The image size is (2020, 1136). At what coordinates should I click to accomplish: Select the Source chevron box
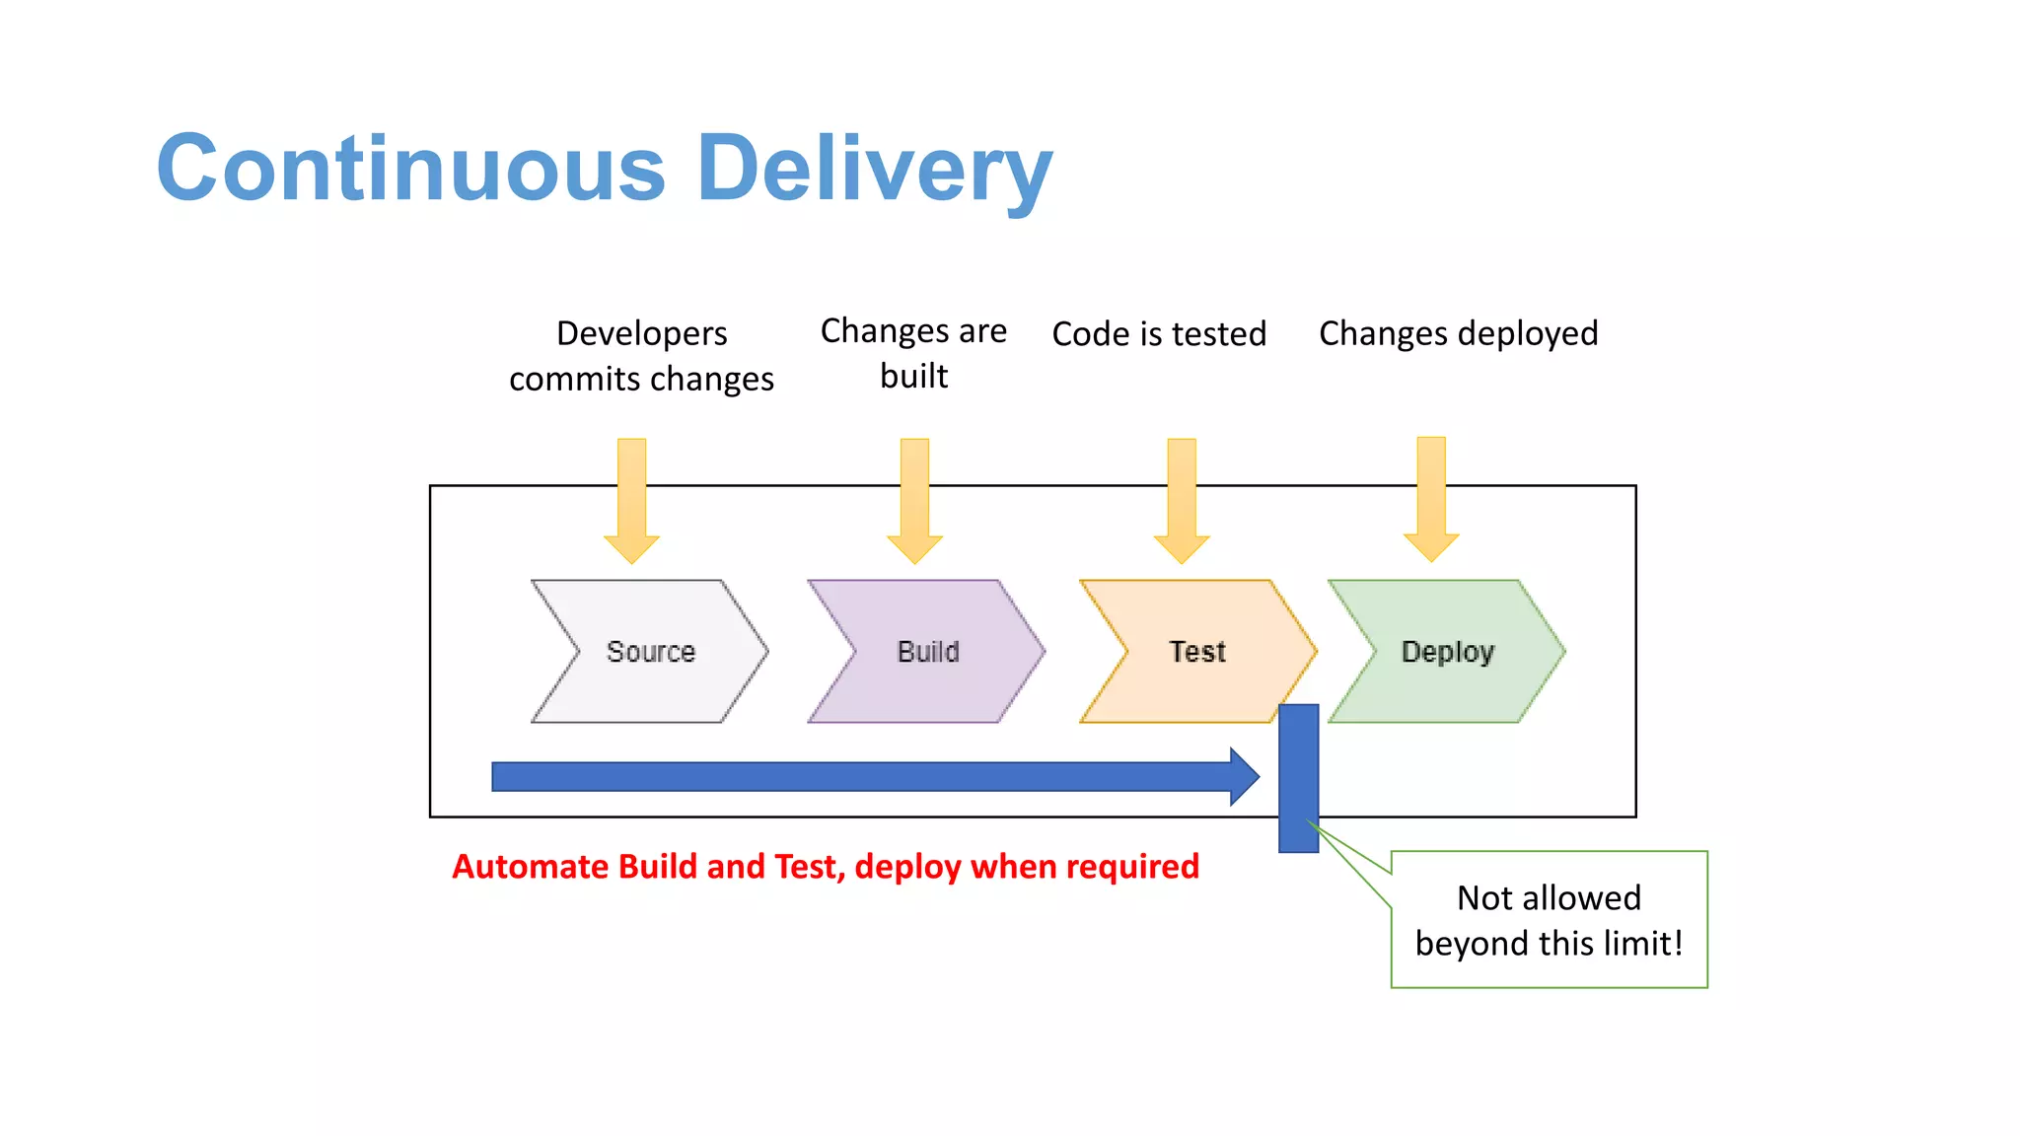click(650, 652)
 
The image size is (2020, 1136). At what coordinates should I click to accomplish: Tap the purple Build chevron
click(927, 652)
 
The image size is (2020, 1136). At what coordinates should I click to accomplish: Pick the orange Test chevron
click(1197, 652)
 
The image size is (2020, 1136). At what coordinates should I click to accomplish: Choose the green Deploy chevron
click(1448, 652)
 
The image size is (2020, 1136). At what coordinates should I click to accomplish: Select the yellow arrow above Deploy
click(1431, 499)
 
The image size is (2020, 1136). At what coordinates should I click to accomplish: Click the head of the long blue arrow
click(1244, 777)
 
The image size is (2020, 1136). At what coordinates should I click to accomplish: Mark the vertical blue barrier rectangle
click(1298, 778)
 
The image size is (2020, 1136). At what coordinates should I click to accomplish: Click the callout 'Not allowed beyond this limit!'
click(1549, 919)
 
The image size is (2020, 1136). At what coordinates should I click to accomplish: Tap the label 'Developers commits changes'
click(641, 356)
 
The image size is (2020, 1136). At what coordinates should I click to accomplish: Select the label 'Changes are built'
click(913, 353)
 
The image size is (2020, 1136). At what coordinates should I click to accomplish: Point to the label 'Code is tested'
click(1159, 334)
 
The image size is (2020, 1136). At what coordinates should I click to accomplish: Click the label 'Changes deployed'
click(1458, 334)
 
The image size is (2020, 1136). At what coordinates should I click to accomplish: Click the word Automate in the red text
click(531, 867)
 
